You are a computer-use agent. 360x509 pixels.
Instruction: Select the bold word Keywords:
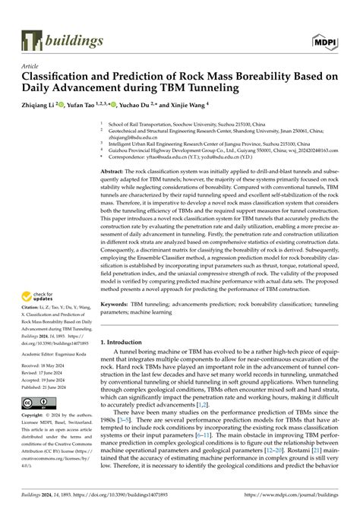[x=116, y=324]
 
